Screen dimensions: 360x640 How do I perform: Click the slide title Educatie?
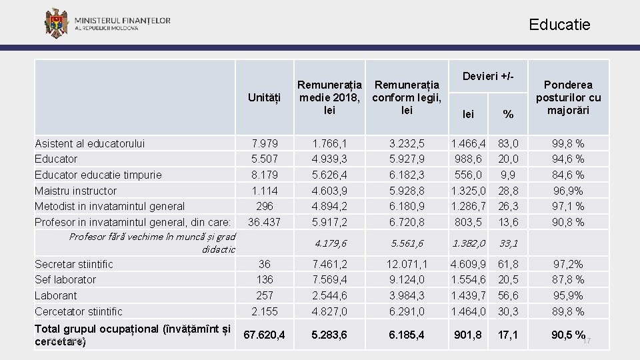point(559,25)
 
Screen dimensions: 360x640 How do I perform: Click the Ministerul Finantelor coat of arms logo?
point(56,23)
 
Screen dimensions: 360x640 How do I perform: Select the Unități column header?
point(264,98)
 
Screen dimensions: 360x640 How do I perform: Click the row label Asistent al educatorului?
point(89,143)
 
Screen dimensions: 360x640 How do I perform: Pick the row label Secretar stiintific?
point(74,264)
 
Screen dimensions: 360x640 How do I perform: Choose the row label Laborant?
point(55,295)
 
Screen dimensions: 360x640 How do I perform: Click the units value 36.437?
point(264,222)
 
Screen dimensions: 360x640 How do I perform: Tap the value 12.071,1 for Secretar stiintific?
point(407,264)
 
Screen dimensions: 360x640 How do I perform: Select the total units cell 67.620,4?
point(264,335)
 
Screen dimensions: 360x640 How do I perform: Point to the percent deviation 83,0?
point(509,143)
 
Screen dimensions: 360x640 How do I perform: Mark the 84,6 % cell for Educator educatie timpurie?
point(567,175)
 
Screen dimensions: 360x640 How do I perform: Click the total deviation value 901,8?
point(469,335)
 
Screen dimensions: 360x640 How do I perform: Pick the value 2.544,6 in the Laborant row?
point(329,295)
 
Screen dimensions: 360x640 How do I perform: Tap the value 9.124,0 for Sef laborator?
point(407,279)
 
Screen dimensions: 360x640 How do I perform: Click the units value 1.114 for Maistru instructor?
point(264,191)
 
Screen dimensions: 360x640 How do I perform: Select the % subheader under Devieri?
point(509,115)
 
